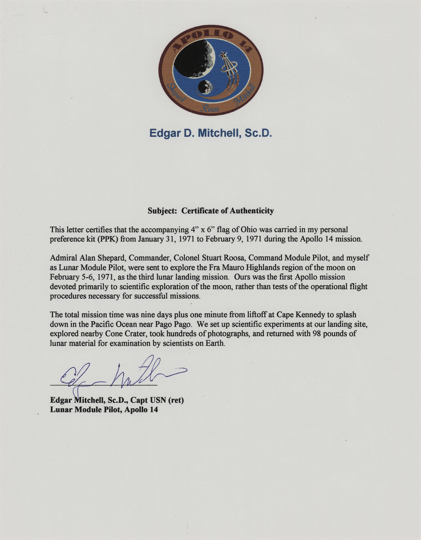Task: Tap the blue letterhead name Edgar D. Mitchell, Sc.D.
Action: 210,133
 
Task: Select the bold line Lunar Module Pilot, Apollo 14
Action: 104,409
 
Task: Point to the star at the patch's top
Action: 223,55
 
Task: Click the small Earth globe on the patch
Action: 205,87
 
